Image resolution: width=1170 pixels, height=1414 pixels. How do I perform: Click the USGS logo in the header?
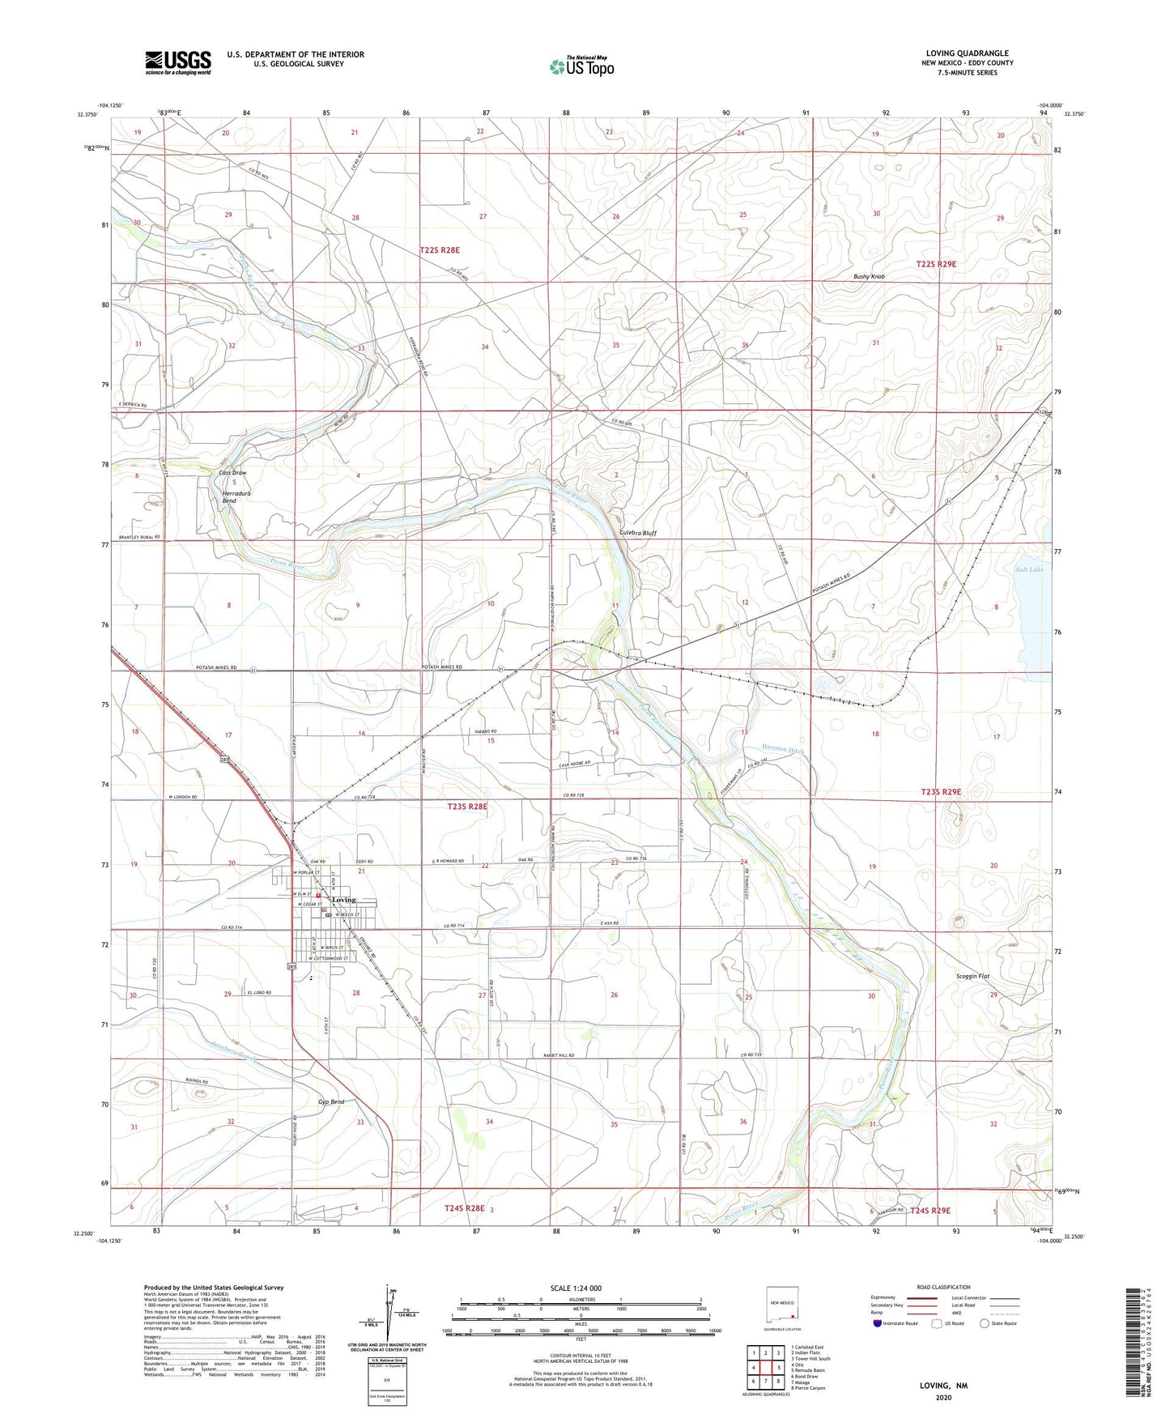point(178,62)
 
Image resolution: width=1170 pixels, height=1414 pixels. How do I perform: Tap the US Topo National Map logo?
point(581,66)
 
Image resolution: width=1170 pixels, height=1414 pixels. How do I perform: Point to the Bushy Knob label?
point(869,277)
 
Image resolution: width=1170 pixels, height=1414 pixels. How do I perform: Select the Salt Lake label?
point(1029,569)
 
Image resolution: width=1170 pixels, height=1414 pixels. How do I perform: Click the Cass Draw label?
point(232,473)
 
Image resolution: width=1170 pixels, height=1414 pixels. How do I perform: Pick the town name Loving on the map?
point(343,900)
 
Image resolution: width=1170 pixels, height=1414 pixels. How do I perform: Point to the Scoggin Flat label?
point(972,976)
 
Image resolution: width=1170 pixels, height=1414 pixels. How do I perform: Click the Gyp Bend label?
point(330,1102)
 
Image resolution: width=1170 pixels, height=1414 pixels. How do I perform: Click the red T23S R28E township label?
point(467,807)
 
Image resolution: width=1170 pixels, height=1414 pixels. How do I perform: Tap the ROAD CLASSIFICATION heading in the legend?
point(943,1287)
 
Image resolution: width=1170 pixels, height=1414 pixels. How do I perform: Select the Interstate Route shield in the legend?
point(879,1323)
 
